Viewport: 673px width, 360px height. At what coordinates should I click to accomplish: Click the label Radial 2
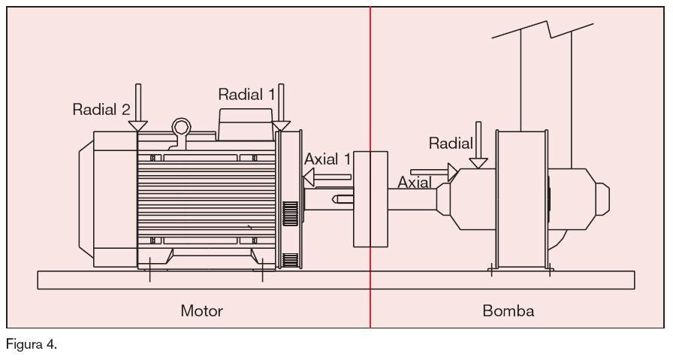(x=101, y=109)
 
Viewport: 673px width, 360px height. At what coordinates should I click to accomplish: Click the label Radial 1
(x=246, y=95)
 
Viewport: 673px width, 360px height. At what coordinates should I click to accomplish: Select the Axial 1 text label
(x=327, y=159)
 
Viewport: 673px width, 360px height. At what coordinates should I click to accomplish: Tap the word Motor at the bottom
(x=201, y=310)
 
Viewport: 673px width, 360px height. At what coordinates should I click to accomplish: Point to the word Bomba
(x=509, y=310)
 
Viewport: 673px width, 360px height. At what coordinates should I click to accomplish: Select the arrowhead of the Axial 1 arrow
(x=308, y=177)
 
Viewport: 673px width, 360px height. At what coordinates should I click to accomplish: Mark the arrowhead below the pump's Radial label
(x=477, y=161)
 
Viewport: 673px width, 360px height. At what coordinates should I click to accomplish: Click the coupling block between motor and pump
(x=370, y=198)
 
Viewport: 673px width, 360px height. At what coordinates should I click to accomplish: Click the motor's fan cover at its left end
(x=105, y=200)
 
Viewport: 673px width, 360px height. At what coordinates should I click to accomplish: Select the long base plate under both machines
(x=336, y=280)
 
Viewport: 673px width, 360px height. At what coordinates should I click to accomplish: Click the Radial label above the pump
(x=451, y=143)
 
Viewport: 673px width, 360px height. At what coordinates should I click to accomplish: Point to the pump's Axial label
(x=414, y=182)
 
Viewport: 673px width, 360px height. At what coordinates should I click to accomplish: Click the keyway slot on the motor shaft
(x=343, y=199)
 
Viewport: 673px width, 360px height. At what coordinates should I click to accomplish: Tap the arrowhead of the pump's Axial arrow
(x=452, y=171)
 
